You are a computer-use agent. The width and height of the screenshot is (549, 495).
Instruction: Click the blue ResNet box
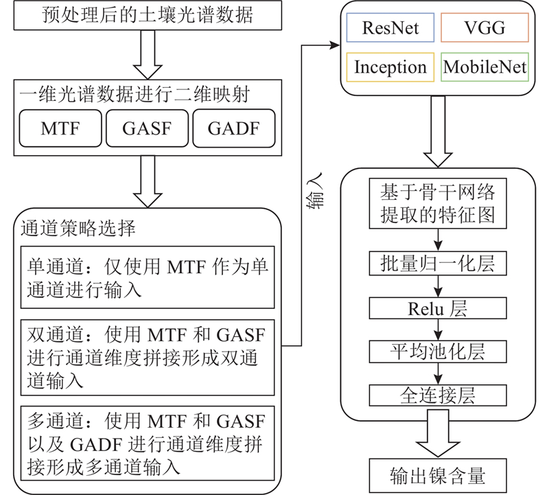point(390,28)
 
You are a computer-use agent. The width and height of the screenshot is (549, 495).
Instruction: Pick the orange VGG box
point(484,28)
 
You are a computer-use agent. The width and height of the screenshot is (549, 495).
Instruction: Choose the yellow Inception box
point(390,67)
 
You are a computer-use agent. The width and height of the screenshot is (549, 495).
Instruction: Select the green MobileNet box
point(484,67)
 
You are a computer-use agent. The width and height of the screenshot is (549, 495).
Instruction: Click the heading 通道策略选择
point(78,228)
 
